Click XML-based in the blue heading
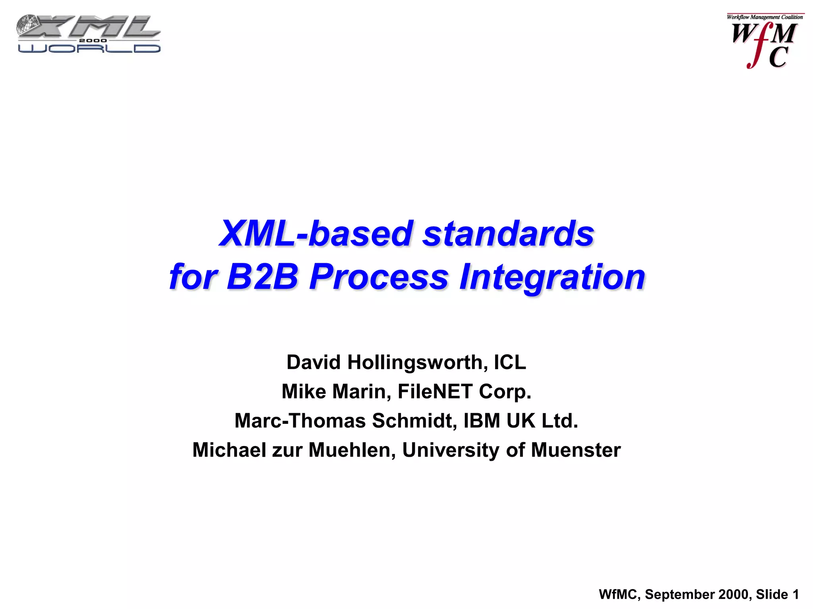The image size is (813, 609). click(316, 234)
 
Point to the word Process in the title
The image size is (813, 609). click(379, 277)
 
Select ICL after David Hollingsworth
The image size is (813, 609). click(510, 362)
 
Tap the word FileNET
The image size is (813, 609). click(435, 392)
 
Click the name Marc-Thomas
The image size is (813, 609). click(300, 421)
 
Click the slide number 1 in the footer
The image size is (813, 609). click(795, 594)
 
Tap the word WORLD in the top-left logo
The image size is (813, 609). click(89, 48)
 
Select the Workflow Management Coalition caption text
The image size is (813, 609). click(765, 17)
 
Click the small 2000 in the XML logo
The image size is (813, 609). click(92, 40)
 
